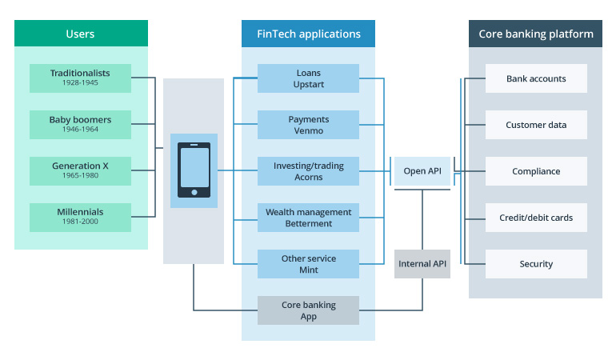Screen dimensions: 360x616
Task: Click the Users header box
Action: [81, 34]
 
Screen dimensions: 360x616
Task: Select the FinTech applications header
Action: [308, 34]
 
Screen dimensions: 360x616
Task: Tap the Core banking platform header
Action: [535, 34]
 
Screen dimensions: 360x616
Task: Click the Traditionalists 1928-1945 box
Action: [80, 78]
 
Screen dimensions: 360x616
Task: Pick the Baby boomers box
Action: [80, 125]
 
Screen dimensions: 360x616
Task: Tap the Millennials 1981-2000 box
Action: [80, 217]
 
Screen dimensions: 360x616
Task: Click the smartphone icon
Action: [194, 170]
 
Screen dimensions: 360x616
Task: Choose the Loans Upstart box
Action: [308, 78]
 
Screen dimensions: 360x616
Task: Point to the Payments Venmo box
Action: [308, 125]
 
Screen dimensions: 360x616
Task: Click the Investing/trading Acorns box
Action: [308, 171]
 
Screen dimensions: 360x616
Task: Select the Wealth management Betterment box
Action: [308, 218]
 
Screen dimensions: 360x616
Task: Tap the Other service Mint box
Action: [308, 264]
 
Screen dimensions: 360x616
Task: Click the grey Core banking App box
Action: [308, 310]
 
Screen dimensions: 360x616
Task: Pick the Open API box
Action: [422, 171]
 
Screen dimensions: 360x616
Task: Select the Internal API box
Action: [422, 264]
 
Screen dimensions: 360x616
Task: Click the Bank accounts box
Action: [536, 78]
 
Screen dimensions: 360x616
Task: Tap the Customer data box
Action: [536, 125]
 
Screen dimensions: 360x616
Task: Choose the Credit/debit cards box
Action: [536, 218]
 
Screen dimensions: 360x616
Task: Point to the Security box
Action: [536, 264]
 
